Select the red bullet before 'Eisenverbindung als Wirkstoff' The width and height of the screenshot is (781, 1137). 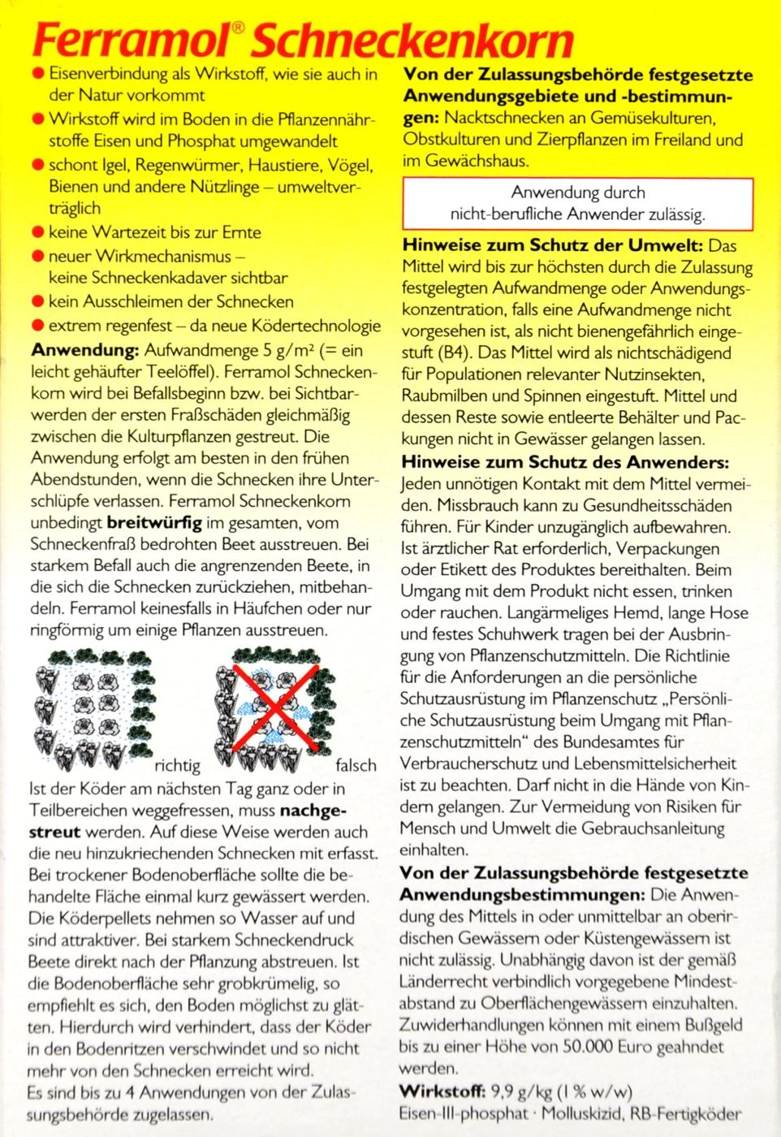pos(37,74)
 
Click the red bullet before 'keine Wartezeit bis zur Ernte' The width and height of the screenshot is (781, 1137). pos(37,232)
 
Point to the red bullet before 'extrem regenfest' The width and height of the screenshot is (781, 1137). pos(37,326)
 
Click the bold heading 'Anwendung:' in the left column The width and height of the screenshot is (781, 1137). pos(84,351)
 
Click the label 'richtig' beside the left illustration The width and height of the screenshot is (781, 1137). pos(177,765)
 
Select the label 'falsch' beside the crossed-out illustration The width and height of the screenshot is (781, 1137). pos(356,765)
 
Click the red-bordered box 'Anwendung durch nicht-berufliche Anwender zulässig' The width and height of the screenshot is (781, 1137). pos(578,204)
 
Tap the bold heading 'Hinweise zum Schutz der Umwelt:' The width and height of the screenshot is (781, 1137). pos(552,245)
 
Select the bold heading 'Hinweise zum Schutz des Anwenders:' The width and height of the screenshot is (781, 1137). pos(565,462)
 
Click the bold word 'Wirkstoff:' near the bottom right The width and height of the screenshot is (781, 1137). pos(442,1091)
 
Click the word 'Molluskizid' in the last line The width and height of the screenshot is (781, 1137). pos(587,1113)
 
